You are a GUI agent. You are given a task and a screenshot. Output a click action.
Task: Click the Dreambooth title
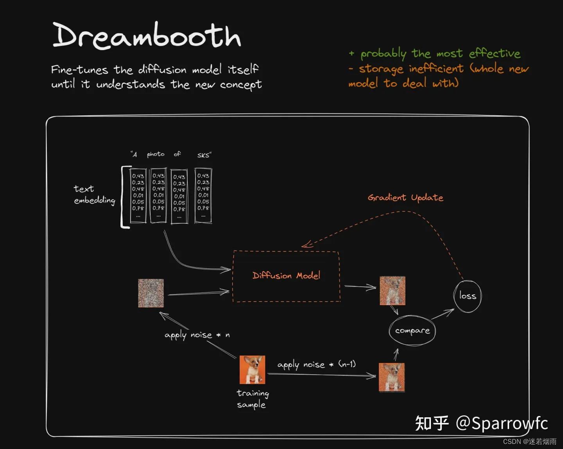tap(147, 36)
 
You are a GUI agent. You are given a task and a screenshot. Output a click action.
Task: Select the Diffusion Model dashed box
tap(286, 276)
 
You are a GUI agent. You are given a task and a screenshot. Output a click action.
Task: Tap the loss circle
tap(467, 296)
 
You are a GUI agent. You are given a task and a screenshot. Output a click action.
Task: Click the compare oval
tap(412, 331)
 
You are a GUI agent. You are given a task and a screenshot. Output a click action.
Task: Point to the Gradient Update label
tap(405, 198)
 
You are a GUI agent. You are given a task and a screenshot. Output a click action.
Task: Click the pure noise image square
tap(151, 293)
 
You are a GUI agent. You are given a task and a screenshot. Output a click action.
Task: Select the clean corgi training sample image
tap(252, 370)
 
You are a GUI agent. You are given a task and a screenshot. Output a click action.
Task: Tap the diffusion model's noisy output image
tap(392, 291)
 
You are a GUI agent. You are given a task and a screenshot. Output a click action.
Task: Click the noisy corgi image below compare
tap(391, 377)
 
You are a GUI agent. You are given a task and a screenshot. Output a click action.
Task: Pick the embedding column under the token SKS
tap(203, 196)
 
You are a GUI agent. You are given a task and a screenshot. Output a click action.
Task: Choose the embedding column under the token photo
tap(158, 196)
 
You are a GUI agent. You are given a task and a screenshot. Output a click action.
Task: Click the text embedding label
tap(94, 194)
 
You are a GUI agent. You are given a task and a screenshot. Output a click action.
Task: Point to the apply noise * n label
tap(197, 335)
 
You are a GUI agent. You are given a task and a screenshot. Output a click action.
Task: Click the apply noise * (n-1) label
tap(316, 365)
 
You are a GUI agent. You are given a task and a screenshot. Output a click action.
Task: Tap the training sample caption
tap(252, 399)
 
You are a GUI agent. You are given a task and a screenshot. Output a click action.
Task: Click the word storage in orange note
tap(381, 69)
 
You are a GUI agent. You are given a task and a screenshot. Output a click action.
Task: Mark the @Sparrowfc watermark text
tap(502, 423)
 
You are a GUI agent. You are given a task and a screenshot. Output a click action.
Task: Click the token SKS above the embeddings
tap(204, 155)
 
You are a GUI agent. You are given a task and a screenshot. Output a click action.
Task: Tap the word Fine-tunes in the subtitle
tap(79, 70)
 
